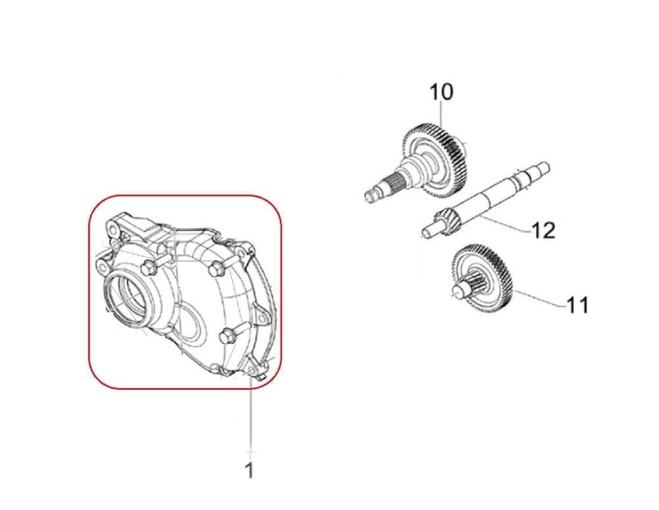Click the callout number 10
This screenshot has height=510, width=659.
tap(442, 92)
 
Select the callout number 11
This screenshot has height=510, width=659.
tap(577, 305)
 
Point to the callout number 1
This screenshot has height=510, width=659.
tap(250, 470)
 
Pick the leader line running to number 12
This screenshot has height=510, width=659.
tap(504, 223)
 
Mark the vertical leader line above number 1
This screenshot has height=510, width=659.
tap(251, 414)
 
